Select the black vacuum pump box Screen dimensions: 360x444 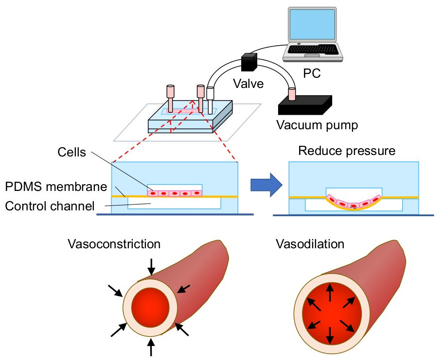point(304,105)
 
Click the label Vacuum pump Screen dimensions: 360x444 point(317,125)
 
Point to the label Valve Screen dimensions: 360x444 point(249,84)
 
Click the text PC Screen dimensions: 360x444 point(311,74)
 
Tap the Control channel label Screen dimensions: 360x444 point(49,206)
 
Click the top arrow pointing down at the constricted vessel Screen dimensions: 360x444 point(152,266)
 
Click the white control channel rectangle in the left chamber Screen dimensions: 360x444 point(173,203)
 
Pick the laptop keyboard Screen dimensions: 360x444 point(312,50)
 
